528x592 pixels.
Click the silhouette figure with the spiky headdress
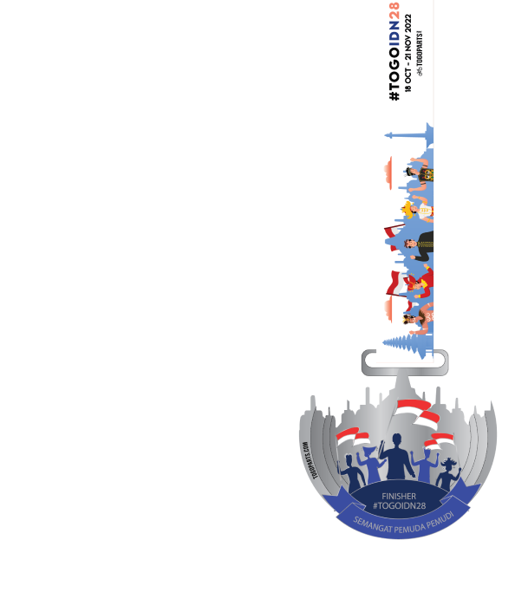click(x=447, y=473)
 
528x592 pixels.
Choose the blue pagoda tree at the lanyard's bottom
click(x=405, y=342)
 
